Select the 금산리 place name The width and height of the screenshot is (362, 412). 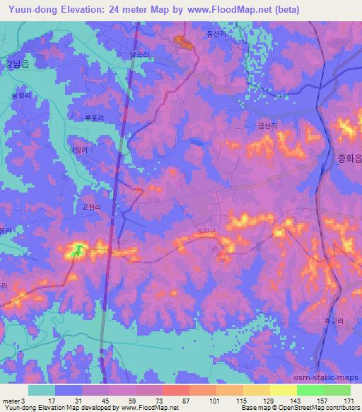click(x=267, y=125)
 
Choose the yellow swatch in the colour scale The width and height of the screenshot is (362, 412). click(x=284, y=390)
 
